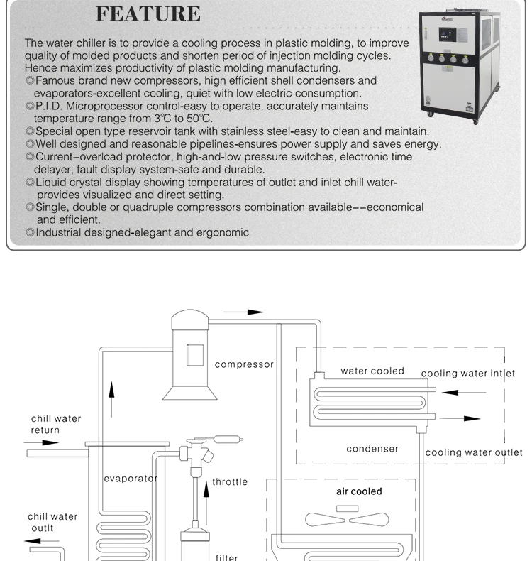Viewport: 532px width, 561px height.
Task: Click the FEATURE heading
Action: point(148,13)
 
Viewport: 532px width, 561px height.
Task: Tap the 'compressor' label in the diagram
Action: point(244,364)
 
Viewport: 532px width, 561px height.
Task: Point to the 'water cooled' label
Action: point(372,371)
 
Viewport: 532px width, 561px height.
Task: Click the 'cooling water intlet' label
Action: point(468,374)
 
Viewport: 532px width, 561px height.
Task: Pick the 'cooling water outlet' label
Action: point(474,452)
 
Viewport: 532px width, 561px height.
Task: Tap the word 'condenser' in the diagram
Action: point(372,449)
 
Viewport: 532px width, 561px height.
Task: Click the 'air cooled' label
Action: point(359,491)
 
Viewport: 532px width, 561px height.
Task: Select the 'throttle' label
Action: point(231,482)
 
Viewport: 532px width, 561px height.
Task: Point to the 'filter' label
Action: point(227,557)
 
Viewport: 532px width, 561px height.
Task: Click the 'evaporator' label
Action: point(131,479)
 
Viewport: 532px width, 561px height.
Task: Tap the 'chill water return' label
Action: point(55,424)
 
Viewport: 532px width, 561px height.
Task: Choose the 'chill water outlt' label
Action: point(52,522)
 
